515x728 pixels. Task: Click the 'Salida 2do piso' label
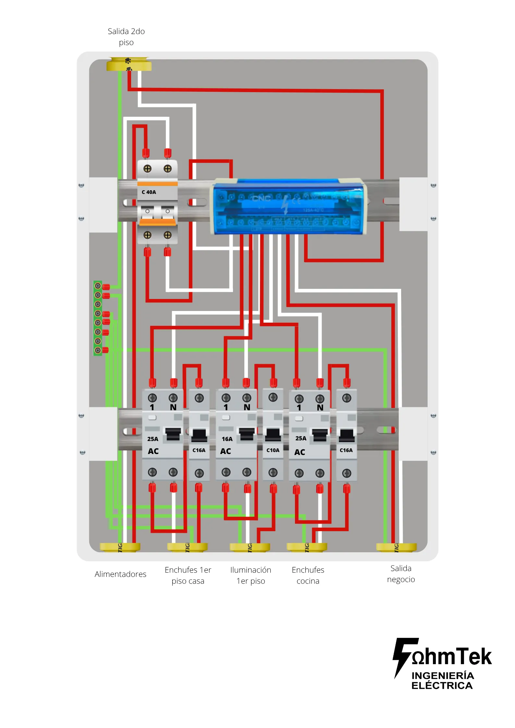point(126,37)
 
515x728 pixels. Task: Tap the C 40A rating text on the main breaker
point(149,192)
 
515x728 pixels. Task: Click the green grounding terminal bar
point(98,318)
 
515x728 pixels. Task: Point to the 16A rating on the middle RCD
point(227,439)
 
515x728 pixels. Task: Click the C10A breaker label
point(273,450)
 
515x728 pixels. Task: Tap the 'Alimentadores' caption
point(120,574)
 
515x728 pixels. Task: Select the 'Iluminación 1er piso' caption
point(251,575)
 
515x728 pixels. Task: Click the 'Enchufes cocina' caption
point(308,575)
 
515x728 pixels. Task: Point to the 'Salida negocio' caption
point(401,574)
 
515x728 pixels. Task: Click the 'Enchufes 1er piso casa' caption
point(188,575)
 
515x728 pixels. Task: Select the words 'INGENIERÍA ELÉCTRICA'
point(442,680)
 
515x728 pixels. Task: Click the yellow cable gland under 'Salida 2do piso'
point(129,64)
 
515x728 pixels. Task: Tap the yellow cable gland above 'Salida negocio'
point(396,547)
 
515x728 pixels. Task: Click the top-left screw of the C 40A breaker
point(147,169)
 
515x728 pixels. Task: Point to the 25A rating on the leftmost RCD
point(153,439)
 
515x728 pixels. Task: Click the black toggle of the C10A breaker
point(273,435)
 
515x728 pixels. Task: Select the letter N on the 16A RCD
point(247,407)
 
